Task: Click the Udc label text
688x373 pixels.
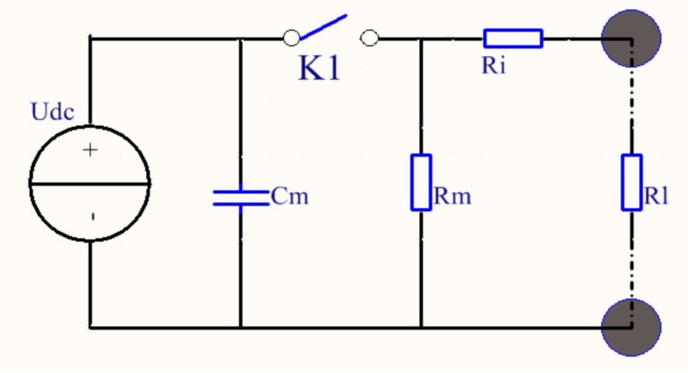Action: point(53,112)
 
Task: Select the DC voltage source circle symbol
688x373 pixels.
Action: point(90,183)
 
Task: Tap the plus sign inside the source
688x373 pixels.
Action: point(91,150)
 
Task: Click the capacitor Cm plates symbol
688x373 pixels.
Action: point(240,196)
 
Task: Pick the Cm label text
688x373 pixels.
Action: point(290,197)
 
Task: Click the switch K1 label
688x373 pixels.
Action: point(319,69)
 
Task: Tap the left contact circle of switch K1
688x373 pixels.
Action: point(291,37)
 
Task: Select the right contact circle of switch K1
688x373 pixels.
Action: point(370,37)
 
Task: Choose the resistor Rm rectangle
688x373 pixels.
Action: point(421,182)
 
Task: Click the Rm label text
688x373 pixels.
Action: point(453,197)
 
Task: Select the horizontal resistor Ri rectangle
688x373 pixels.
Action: point(513,38)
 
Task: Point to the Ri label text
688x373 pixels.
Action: point(494,66)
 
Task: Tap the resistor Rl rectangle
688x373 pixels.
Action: point(632,182)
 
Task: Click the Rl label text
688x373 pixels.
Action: point(657,197)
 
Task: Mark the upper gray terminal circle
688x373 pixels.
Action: point(631,36)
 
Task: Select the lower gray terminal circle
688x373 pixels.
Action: point(631,327)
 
